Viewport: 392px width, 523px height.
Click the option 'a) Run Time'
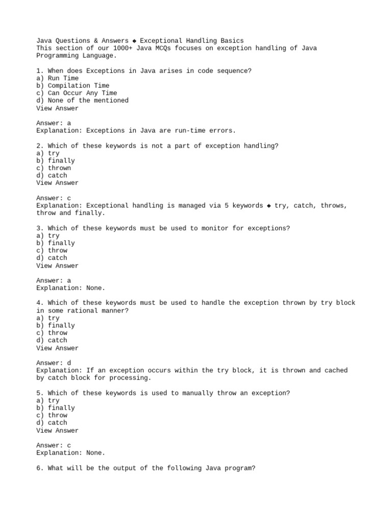[x=57, y=78]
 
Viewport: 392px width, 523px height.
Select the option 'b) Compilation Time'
[x=72, y=86]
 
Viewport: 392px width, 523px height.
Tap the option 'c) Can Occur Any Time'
[x=77, y=93]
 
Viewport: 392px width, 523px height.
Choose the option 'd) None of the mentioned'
[x=82, y=101]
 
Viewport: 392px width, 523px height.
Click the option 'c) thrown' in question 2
[x=54, y=168]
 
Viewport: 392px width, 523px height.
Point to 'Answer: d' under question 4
[x=54, y=363]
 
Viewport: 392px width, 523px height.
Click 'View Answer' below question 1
[x=57, y=108]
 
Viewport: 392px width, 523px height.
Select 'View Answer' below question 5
[x=57, y=431]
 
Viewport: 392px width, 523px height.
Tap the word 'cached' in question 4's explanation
[x=336, y=370]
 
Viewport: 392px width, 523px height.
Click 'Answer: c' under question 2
[x=54, y=198]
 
